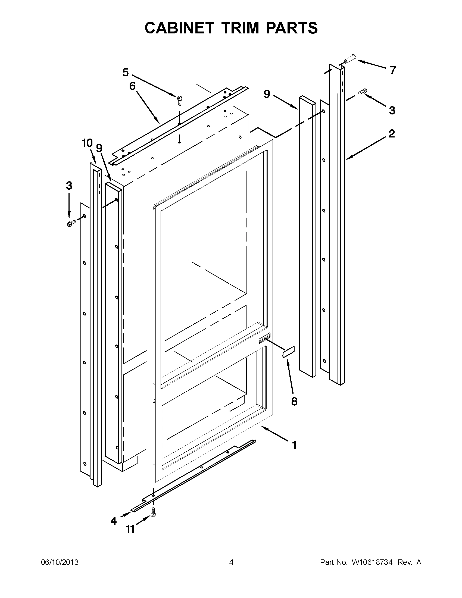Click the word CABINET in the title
(179, 28)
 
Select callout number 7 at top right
(393, 71)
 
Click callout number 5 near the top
(126, 73)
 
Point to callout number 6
(132, 86)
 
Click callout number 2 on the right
(392, 134)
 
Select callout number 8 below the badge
(294, 401)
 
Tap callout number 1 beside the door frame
(294, 445)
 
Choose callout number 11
(130, 529)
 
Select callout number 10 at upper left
(87, 143)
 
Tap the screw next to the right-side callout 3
(362, 91)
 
